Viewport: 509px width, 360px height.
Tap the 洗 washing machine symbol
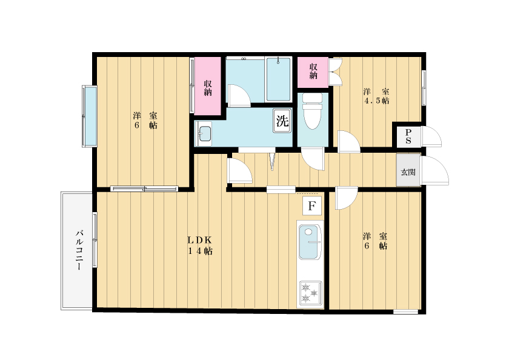[282, 121]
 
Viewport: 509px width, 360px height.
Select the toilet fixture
[312, 111]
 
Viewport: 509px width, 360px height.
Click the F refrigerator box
[312, 205]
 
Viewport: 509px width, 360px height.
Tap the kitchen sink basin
[310, 241]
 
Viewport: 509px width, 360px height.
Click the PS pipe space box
[408, 136]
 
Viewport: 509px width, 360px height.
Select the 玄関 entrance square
[408, 172]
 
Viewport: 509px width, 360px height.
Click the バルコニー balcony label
[79, 250]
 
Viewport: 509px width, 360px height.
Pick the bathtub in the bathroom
[278, 79]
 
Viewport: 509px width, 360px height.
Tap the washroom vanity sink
[204, 134]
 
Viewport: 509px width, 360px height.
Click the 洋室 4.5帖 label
[376, 96]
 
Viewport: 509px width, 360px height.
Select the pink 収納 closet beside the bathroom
[208, 86]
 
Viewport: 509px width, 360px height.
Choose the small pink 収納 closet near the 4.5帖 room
[313, 72]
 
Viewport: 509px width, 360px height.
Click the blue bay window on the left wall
[90, 116]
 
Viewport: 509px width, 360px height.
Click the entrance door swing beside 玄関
[435, 171]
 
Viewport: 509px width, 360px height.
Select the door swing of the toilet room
[313, 158]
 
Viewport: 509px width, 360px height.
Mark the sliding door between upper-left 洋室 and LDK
[144, 188]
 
